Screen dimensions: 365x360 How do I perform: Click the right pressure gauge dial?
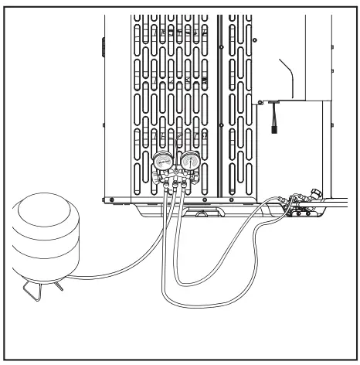click(188, 163)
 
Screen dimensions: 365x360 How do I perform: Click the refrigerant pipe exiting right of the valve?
click(340, 206)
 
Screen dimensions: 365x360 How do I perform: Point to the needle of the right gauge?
click(188, 162)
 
